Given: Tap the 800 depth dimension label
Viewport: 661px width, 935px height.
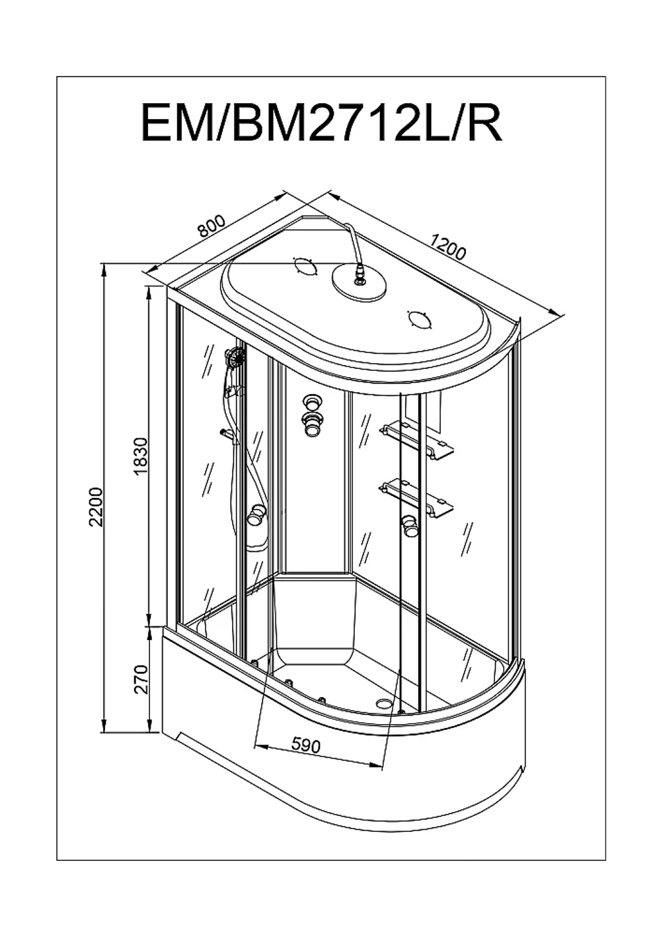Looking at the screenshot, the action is click(212, 226).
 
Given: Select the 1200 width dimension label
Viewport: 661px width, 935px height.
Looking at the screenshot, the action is click(447, 247).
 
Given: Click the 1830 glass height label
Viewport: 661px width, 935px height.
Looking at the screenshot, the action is click(141, 457).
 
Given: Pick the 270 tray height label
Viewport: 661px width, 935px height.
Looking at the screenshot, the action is click(141, 679).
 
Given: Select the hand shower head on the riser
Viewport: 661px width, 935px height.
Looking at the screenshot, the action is click(235, 357).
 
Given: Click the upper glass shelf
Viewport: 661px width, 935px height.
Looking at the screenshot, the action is click(416, 442).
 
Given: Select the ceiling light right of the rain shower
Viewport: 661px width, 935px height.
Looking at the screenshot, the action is click(419, 321).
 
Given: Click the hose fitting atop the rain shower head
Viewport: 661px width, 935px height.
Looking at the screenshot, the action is click(359, 276).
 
